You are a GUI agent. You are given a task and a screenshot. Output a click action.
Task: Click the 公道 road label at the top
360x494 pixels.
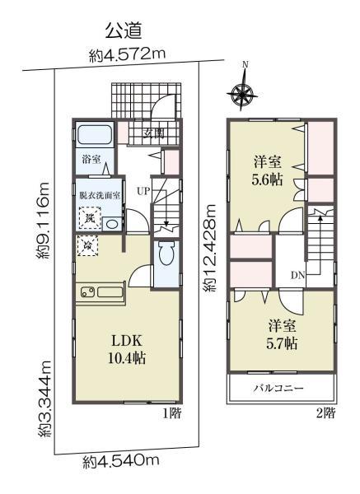[x=124, y=32]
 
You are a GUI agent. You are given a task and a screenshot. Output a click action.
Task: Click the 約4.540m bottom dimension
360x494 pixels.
[x=121, y=460]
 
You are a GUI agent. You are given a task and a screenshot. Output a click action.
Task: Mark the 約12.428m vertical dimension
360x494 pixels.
[x=212, y=250]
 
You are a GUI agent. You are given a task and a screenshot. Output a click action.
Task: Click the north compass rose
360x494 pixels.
[x=244, y=92]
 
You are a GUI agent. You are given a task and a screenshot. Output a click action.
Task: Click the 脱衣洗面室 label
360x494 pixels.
[x=101, y=196]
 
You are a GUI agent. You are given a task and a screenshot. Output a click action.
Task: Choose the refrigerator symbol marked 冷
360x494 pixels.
[x=86, y=245]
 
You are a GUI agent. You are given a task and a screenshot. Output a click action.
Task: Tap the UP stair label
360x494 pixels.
[x=143, y=192]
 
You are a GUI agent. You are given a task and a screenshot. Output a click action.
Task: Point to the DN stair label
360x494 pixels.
[x=297, y=275]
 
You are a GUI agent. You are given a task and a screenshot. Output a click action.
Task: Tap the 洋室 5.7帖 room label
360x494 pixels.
[x=281, y=333]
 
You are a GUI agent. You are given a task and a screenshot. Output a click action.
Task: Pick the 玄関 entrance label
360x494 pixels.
[x=155, y=132]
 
